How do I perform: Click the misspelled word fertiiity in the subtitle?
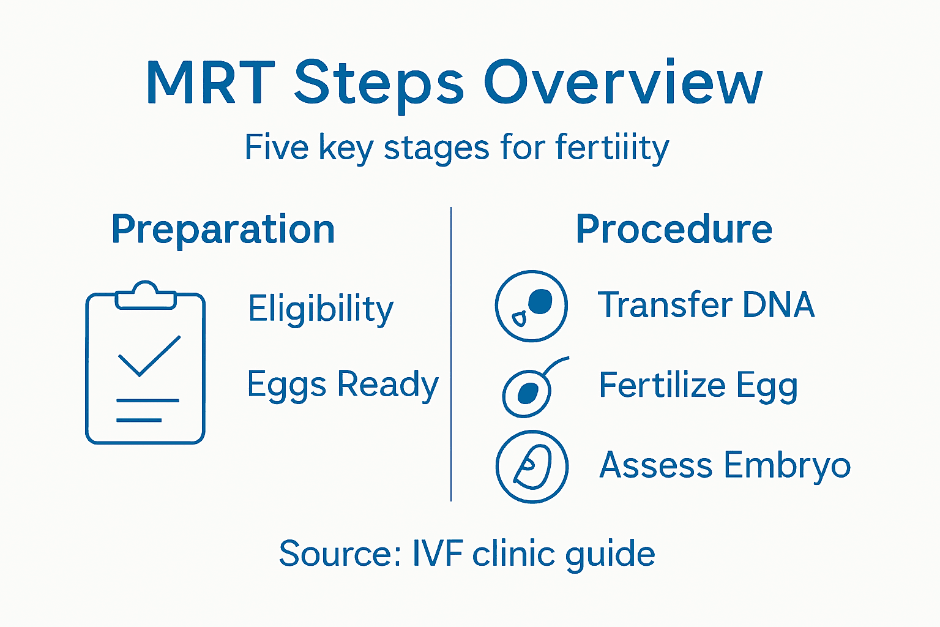612,148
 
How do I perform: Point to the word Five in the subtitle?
276,148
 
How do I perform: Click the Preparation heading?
223,230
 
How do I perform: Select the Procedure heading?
674,230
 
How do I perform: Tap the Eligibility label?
321,309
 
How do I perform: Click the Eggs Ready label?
343,385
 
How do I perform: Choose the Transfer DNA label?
706,305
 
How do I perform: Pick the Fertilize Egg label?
698,385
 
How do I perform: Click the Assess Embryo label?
725,465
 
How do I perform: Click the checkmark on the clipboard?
149,356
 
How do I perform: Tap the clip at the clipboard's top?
145,296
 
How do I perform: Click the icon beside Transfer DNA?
531,306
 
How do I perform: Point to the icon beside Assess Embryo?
532,467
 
